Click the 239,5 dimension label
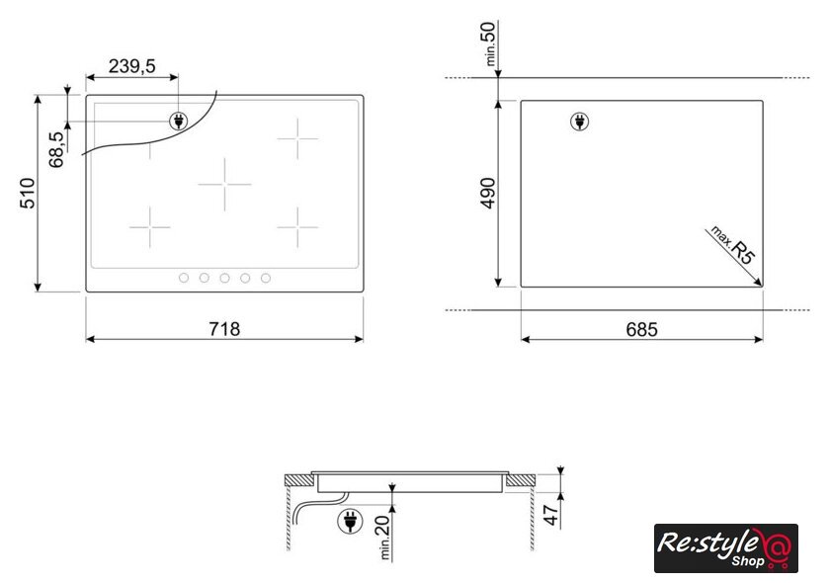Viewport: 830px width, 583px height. (132, 66)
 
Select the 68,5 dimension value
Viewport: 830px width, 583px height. (56, 149)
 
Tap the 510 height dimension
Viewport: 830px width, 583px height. (28, 194)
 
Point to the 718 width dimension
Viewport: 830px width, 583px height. (224, 329)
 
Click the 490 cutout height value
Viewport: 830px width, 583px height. (488, 194)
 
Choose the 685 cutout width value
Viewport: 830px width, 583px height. (641, 329)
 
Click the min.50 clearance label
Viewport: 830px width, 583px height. (490, 43)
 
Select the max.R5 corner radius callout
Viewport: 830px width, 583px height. (732, 245)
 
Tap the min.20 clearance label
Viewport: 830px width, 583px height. (383, 538)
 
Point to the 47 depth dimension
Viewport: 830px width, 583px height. (551, 515)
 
